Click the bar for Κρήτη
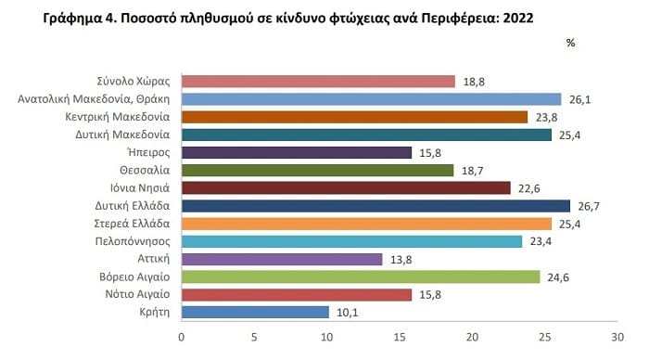(x=255, y=312)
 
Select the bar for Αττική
(x=282, y=259)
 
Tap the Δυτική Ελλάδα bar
(x=375, y=206)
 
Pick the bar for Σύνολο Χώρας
(x=318, y=82)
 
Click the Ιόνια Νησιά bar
(x=346, y=188)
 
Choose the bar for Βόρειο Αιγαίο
(x=361, y=276)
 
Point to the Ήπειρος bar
(x=297, y=152)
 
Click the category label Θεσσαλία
(x=143, y=170)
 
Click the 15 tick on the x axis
(x=400, y=337)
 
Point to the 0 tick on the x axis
(x=182, y=337)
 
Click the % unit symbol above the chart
(x=570, y=43)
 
